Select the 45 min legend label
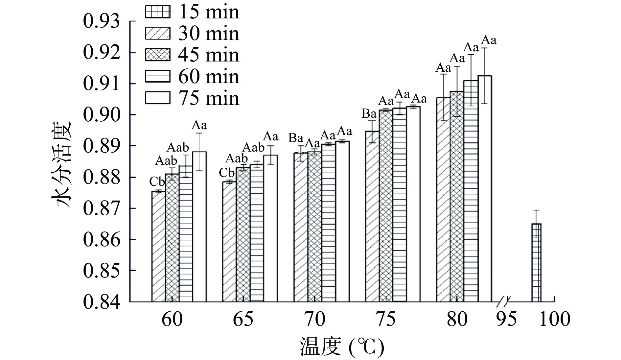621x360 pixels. (x=209, y=55)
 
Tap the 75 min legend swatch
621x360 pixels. (x=158, y=98)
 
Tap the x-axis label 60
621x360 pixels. (x=172, y=319)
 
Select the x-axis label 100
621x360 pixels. (x=555, y=319)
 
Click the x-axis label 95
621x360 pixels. (x=506, y=319)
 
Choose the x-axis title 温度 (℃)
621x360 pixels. (x=342, y=347)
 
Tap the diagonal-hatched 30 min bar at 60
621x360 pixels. (x=158, y=246)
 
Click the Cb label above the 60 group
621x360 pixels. (x=157, y=181)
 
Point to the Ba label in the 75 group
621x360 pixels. (x=369, y=114)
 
